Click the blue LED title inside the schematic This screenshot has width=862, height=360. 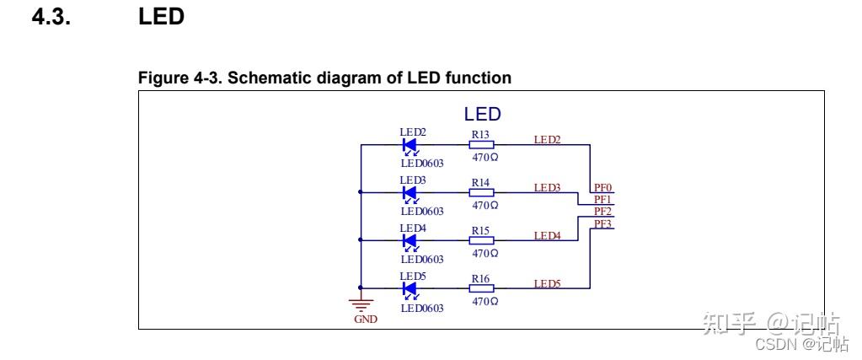point(483,115)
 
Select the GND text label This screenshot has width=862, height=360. point(367,320)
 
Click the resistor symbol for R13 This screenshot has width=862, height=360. point(481,145)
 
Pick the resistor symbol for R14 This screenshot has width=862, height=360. point(481,193)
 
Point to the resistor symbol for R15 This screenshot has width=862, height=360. point(481,241)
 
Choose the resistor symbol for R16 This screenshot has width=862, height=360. point(481,289)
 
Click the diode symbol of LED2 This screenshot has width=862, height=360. point(410,145)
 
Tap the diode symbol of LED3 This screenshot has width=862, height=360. point(410,193)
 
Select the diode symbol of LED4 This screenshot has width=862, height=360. point(410,241)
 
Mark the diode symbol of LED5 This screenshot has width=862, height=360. point(410,289)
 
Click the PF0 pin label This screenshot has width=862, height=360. point(602,188)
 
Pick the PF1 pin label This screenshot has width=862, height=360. point(602,200)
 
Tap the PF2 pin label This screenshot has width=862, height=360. point(602,212)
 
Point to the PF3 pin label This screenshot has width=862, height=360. point(602,223)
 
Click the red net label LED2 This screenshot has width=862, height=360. point(547,139)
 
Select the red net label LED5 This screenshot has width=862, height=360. point(547,283)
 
